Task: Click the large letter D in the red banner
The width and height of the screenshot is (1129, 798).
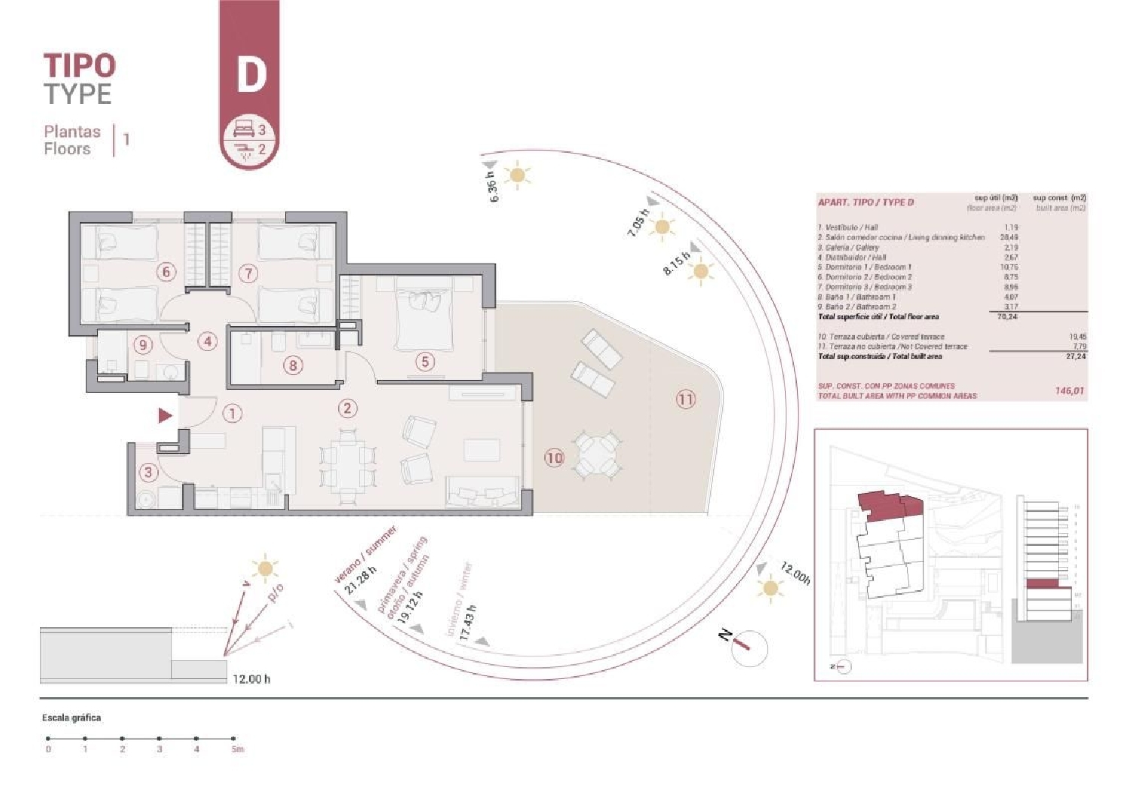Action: pyautogui.click(x=251, y=74)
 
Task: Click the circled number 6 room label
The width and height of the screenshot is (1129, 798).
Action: pyautogui.click(x=166, y=272)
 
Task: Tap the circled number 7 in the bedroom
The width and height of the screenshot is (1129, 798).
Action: pyautogui.click(x=248, y=273)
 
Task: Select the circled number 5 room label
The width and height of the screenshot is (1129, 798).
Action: pyautogui.click(x=425, y=362)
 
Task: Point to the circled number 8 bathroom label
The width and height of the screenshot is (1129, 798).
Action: pyautogui.click(x=293, y=366)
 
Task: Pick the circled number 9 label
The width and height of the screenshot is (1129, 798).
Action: pyautogui.click(x=143, y=345)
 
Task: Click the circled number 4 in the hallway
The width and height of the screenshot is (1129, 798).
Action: pyautogui.click(x=208, y=341)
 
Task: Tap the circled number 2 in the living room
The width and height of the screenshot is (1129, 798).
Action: pyautogui.click(x=347, y=409)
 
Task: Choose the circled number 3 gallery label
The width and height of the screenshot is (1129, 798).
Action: pyautogui.click(x=148, y=472)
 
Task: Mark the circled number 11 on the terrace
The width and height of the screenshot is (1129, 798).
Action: pyautogui.click(x=685, y=399)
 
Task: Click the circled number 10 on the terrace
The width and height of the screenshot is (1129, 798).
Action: pyautogui.click(x=554, y=457)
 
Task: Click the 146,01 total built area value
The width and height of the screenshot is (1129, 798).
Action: pyautogui.click(x=1068, y=391)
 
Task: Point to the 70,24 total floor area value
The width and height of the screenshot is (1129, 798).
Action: pyautogui.click(x=1007, y=317)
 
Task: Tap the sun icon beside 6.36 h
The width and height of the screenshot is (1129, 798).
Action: pyautogui.click(x=517, y=175)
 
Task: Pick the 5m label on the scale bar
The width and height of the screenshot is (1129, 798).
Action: pyautogui.click(x=238, y=749)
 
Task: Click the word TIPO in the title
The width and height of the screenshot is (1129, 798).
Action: pyautogui.click(x=79, y=65)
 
